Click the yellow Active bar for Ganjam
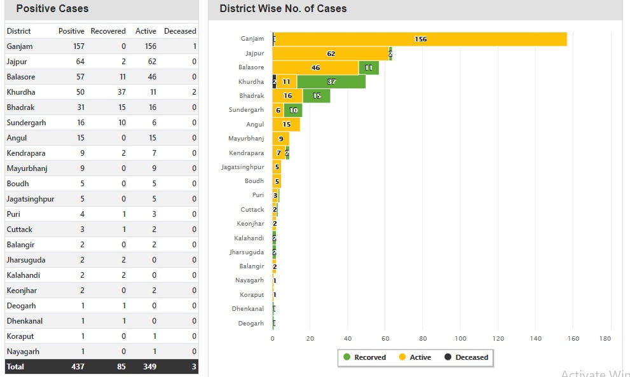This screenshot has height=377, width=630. tap(420, 39)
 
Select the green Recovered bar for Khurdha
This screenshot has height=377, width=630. tap(331, 81)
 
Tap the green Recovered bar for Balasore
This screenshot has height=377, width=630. tap(369, 67)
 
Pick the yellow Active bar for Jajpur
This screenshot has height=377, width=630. tap(331, 53)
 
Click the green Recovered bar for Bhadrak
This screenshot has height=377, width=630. tap(316, 96)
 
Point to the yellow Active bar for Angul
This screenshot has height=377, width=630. tap(286, 125)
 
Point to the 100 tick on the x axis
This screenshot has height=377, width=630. tap(461, 339)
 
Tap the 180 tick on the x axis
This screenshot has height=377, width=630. tap(605, 339)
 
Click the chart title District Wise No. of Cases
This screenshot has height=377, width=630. tap(283, 9)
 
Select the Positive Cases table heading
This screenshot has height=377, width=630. tap(52, 9)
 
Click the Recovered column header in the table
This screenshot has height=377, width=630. tap(108, 31)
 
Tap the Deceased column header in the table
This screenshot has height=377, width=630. tap(180, 31)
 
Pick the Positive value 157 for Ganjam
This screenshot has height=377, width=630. tap(78, 46)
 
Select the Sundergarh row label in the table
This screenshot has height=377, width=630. tap(26, 123)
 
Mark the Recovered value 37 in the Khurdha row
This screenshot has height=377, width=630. tap(121, 92)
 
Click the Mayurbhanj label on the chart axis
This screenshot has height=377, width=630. tap(246, 139)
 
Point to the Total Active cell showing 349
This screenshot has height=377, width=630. tap(149, 367)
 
